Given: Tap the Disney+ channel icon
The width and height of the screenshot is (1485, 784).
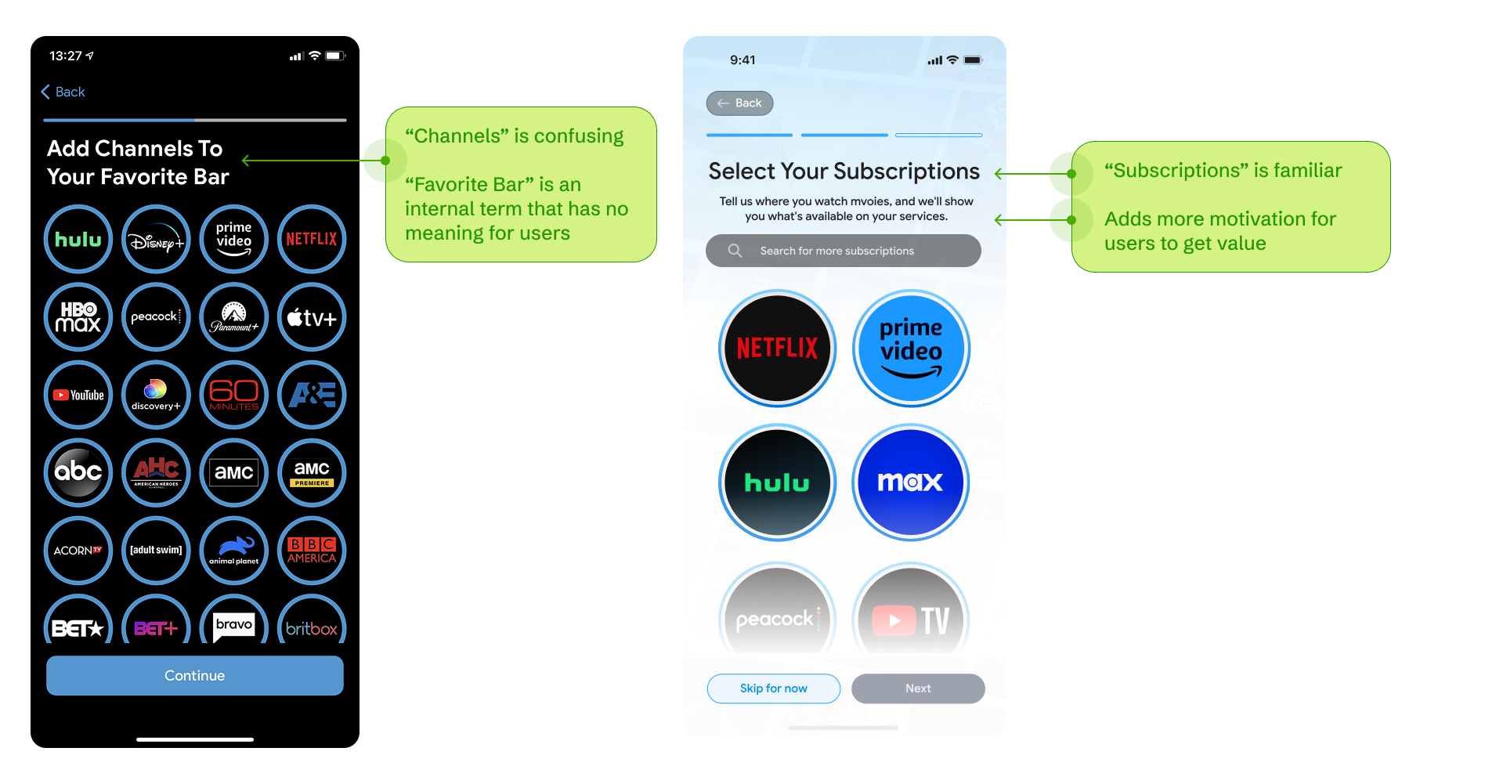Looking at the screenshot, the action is pyautogui.click(x=156, y=240).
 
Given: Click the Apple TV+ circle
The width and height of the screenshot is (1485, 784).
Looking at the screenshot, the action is pyautogui.click(x=312, y=317).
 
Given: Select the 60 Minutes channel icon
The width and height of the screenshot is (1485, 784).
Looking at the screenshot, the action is pyautogui.click(x=234, y=395).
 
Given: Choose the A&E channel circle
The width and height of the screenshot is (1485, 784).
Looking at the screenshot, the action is pyautogui.click(x=312, y=395).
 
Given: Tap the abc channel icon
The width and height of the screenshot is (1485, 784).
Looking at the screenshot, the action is pyautogui.click(x=78, y=472).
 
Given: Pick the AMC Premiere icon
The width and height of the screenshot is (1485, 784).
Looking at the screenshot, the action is pyautogui.click(x=312, y=472).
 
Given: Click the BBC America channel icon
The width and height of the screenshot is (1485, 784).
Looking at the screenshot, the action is pyautogui.click(x=312, y=550).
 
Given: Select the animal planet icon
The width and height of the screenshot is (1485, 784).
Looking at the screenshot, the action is pyautogui.click(x=234, y=550).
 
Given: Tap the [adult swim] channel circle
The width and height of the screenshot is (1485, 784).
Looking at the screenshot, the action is pyautogui.click(x=156, y=550).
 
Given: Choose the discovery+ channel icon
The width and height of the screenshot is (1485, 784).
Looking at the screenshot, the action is pyautogui.click(x=156, y=395).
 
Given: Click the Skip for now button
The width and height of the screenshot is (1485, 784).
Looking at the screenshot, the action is pyautogui.click(x=773, y=688).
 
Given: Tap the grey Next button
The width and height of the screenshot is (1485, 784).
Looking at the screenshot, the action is pyautogui.click(x=918, y=688).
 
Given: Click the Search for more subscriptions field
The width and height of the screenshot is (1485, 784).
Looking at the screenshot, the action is pyautogui.click(x=843, y=251).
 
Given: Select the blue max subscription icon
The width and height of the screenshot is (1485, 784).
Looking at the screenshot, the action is pyautogui.click(x=910, y=482).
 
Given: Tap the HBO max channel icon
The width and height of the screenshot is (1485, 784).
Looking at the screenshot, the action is pyautogui.click(x=78, y=317).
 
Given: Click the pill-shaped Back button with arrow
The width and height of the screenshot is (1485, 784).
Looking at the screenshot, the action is pyautogui.click(x=739, y=103).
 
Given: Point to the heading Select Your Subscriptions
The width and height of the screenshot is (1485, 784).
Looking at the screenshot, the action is pyautogui.click(x=844, y=172).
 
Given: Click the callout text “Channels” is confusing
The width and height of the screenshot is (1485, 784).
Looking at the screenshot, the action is pyautogui.click(x=514, y=136).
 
